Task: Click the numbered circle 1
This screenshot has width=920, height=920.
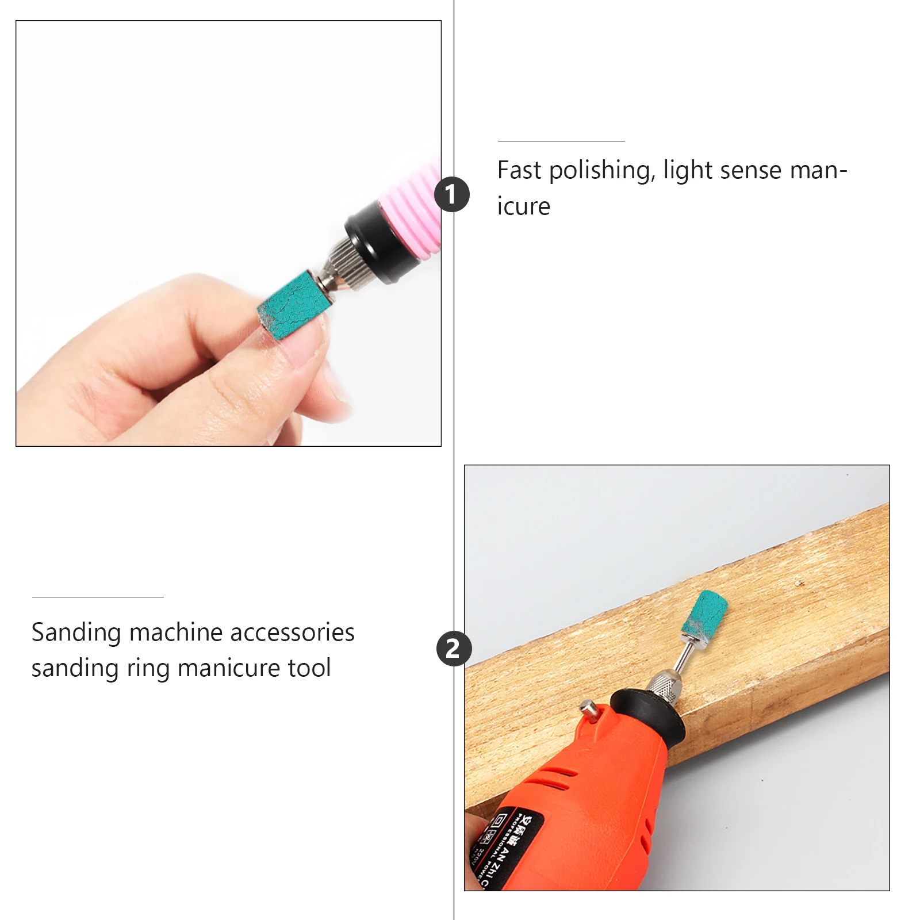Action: pos(452,194)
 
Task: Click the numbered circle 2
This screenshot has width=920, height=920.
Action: pos(454,649)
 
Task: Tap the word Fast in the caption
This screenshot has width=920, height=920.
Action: pos(519,170)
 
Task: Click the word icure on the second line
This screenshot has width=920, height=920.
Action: pos(523,206)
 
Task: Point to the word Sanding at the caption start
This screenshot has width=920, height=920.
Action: pos(76,632)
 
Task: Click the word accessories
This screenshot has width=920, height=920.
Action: pos(293,632)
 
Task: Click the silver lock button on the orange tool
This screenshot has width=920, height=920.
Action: pos(589,711)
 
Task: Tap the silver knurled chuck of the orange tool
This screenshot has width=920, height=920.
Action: pos(661,681)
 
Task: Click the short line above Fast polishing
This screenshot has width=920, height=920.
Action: pos(561,141)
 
